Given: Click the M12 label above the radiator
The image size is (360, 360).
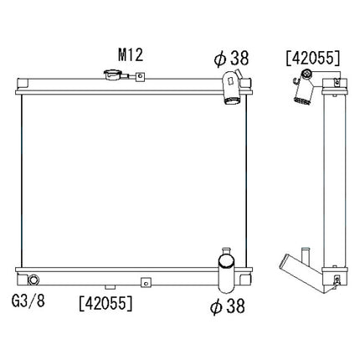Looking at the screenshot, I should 130,55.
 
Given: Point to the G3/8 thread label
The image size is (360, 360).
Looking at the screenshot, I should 28,300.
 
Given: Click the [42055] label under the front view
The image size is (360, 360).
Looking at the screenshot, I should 104,300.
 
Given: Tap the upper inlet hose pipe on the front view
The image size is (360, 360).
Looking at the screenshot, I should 230,90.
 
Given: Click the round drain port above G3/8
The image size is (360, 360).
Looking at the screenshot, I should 34,280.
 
